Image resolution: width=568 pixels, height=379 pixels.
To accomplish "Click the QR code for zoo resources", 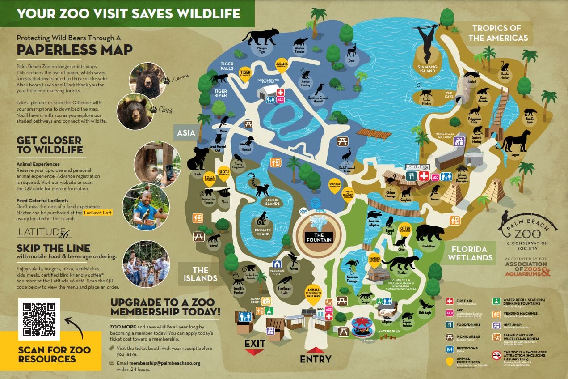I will click(39, 319).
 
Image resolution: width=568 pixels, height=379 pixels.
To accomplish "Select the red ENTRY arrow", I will click(316, 350).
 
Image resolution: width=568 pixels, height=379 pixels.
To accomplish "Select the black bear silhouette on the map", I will click(430, 234).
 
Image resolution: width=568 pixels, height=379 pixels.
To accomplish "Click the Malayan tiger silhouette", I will click(261, 37).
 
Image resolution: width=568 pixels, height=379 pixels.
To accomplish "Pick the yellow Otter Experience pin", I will click(405, 229).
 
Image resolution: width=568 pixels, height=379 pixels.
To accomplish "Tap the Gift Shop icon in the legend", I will click(496, 325).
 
